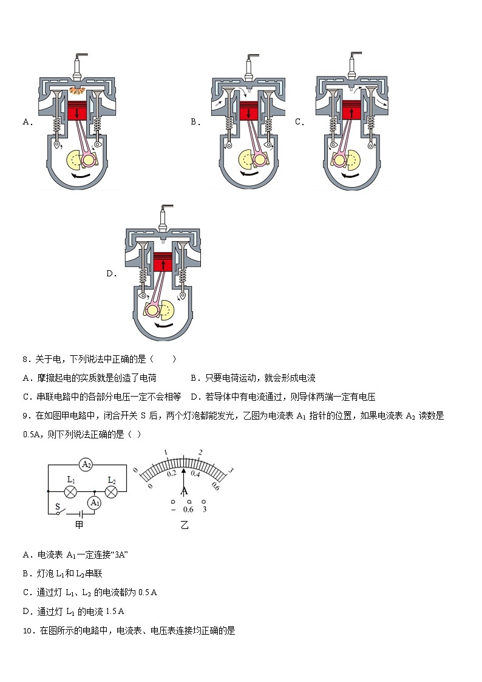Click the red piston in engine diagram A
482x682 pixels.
pyautogui.click(x=77, y=114)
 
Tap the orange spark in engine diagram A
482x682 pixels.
pyautogui.click(x=77, y=91)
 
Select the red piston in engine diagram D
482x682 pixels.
pyautogui.click(x=162, y=264)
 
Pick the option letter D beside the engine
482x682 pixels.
pyautogui.click(x=111, y=274)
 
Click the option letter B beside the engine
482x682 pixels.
pyautogui.click(x=195, y=122)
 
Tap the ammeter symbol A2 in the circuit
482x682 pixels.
pyautogui.click(x=86, y=464)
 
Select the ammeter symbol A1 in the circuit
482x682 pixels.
pyautogui.click(x=94, y=502)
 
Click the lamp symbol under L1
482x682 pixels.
pyautogui.click(x=70, y=491)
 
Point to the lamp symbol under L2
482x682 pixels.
pyautogui.click(x=112, y=491)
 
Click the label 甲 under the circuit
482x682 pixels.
pyautogui.click(x=79, y=524)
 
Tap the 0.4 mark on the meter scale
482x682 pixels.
pyautogui.click(x=195, y=472)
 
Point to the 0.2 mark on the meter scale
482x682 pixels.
pyautogui.click(x=172, y=472)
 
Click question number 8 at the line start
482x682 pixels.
pyautogui.click(x=26, y=360)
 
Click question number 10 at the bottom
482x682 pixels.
pyautogui.click(x=28, y=631)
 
